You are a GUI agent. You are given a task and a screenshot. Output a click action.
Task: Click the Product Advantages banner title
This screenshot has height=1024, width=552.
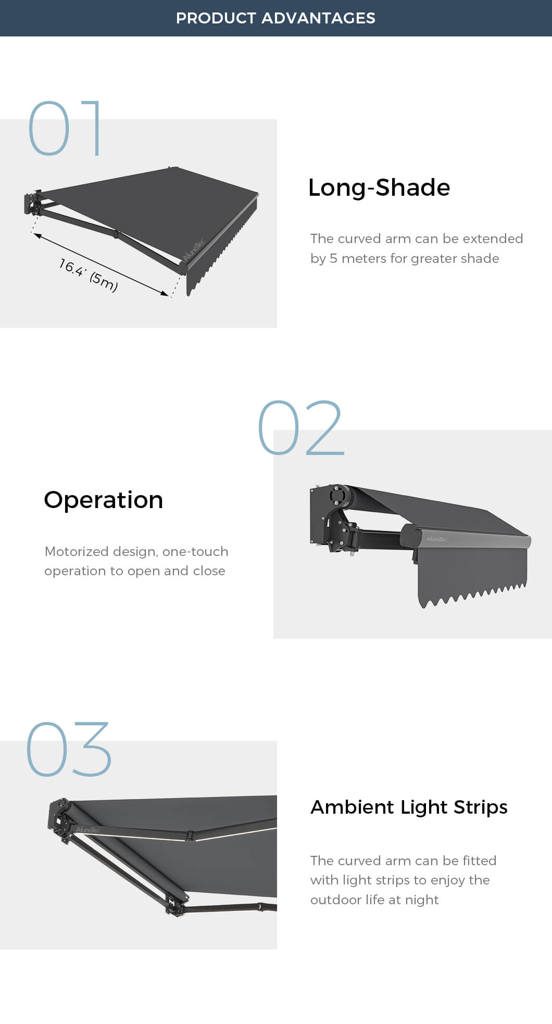pyautogui.click(x=275, y=18)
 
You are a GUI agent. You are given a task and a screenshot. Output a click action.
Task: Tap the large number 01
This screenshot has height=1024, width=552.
pyautogui.click(x=65, y=128)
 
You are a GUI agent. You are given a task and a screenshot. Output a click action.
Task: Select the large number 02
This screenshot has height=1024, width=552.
pyautogui.click(x=301, y=427)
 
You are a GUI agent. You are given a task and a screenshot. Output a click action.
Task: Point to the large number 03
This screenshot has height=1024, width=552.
pyautogui.click(x=69, y=749)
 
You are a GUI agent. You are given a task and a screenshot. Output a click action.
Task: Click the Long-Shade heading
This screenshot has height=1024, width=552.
pyautogui.click(x=379, y=188)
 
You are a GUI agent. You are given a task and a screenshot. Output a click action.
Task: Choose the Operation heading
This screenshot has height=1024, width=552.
pyautogui.click(x=104, y=500)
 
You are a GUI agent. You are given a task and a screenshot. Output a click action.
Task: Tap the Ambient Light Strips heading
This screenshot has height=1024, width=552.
pyautogui.click(x=409, y=807)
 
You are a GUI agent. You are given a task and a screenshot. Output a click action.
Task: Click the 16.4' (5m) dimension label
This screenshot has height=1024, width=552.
pyautogui.click(x=89, y=275)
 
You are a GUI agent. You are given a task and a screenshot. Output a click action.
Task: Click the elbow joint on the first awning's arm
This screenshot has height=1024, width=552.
pyautogui.click(x=117, y=234)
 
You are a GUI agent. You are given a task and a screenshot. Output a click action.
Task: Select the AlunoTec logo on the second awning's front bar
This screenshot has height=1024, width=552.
pyautogui.click(x=436, y=539)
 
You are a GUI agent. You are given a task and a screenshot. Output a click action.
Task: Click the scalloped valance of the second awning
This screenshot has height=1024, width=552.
pyautogui.click(x=472, y=575)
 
